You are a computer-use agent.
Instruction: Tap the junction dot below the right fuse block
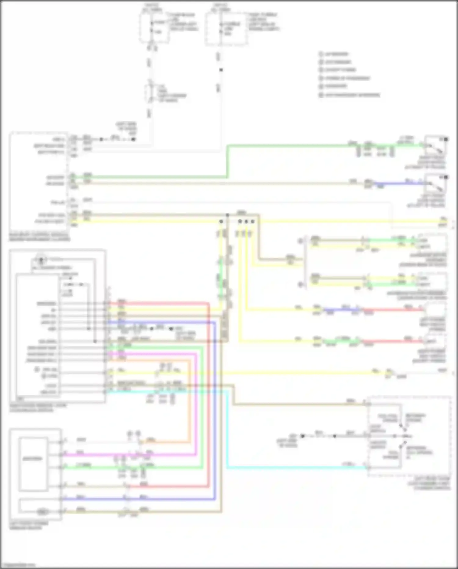[x=221, y=70]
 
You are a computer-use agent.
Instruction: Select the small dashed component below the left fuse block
[x=150, y=93]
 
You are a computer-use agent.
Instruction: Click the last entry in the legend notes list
[x=350, y=95]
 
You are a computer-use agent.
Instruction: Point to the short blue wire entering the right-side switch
[x=397, y=183]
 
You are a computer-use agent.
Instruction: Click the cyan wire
[x=293, y=467]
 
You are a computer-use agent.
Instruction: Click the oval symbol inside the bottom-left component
[x=41, y=511]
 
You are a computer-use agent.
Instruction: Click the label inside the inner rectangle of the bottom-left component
[x=33, y=459]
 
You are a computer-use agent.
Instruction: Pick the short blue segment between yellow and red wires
[x=342, y=310]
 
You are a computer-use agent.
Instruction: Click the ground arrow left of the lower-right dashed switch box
[x=302, y=436]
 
